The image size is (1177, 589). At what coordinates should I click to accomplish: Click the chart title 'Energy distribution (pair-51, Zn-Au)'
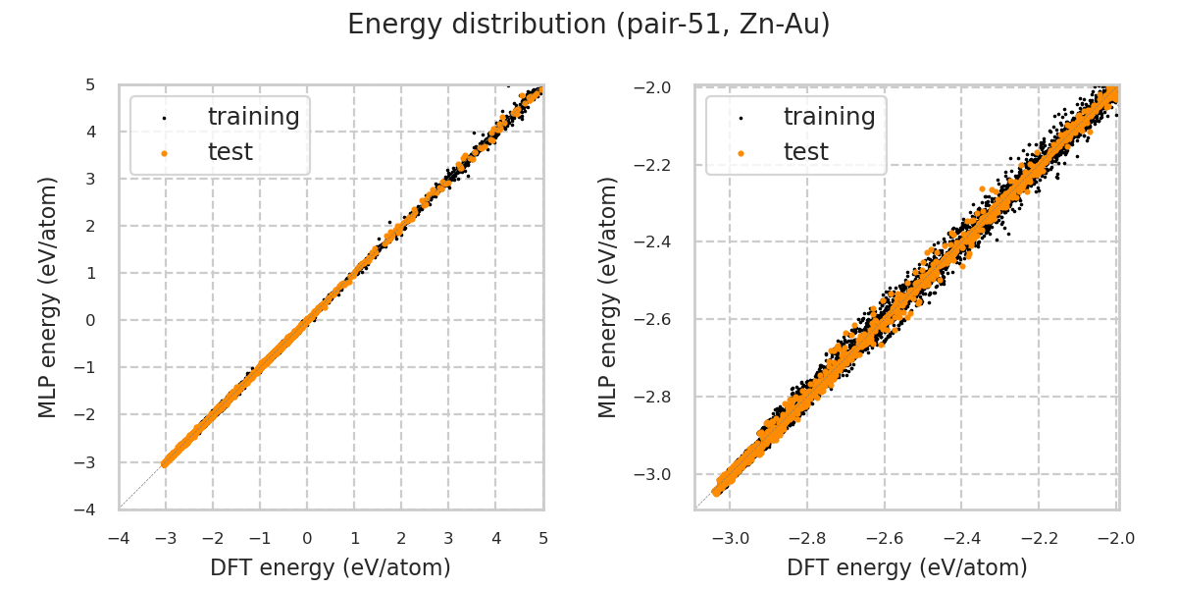pos(588,25)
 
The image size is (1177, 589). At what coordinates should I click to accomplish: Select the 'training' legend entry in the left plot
pos(253,117)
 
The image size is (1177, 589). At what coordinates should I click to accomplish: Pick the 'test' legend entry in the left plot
pos(230,152)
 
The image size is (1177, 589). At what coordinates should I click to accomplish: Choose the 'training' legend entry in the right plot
pos(829,117)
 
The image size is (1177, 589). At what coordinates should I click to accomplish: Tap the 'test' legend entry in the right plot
pos(805,152)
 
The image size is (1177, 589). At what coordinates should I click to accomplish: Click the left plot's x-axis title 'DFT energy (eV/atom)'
pos(331,567)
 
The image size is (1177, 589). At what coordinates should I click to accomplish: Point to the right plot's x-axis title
pos(907,567)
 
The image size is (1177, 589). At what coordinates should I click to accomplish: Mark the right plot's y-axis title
pos(609,296)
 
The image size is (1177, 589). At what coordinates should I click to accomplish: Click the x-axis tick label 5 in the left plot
pos(542,538)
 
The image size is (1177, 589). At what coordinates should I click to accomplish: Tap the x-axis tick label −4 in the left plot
pos(118,538)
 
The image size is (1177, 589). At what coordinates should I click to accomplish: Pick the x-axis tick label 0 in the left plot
pos(307,538)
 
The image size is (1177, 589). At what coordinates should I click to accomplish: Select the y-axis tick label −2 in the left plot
pos(87,414)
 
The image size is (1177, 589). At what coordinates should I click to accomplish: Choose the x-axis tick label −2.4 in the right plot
pos(961,538)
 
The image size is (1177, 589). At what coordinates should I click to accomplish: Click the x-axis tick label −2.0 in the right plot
pos(1116,538)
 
